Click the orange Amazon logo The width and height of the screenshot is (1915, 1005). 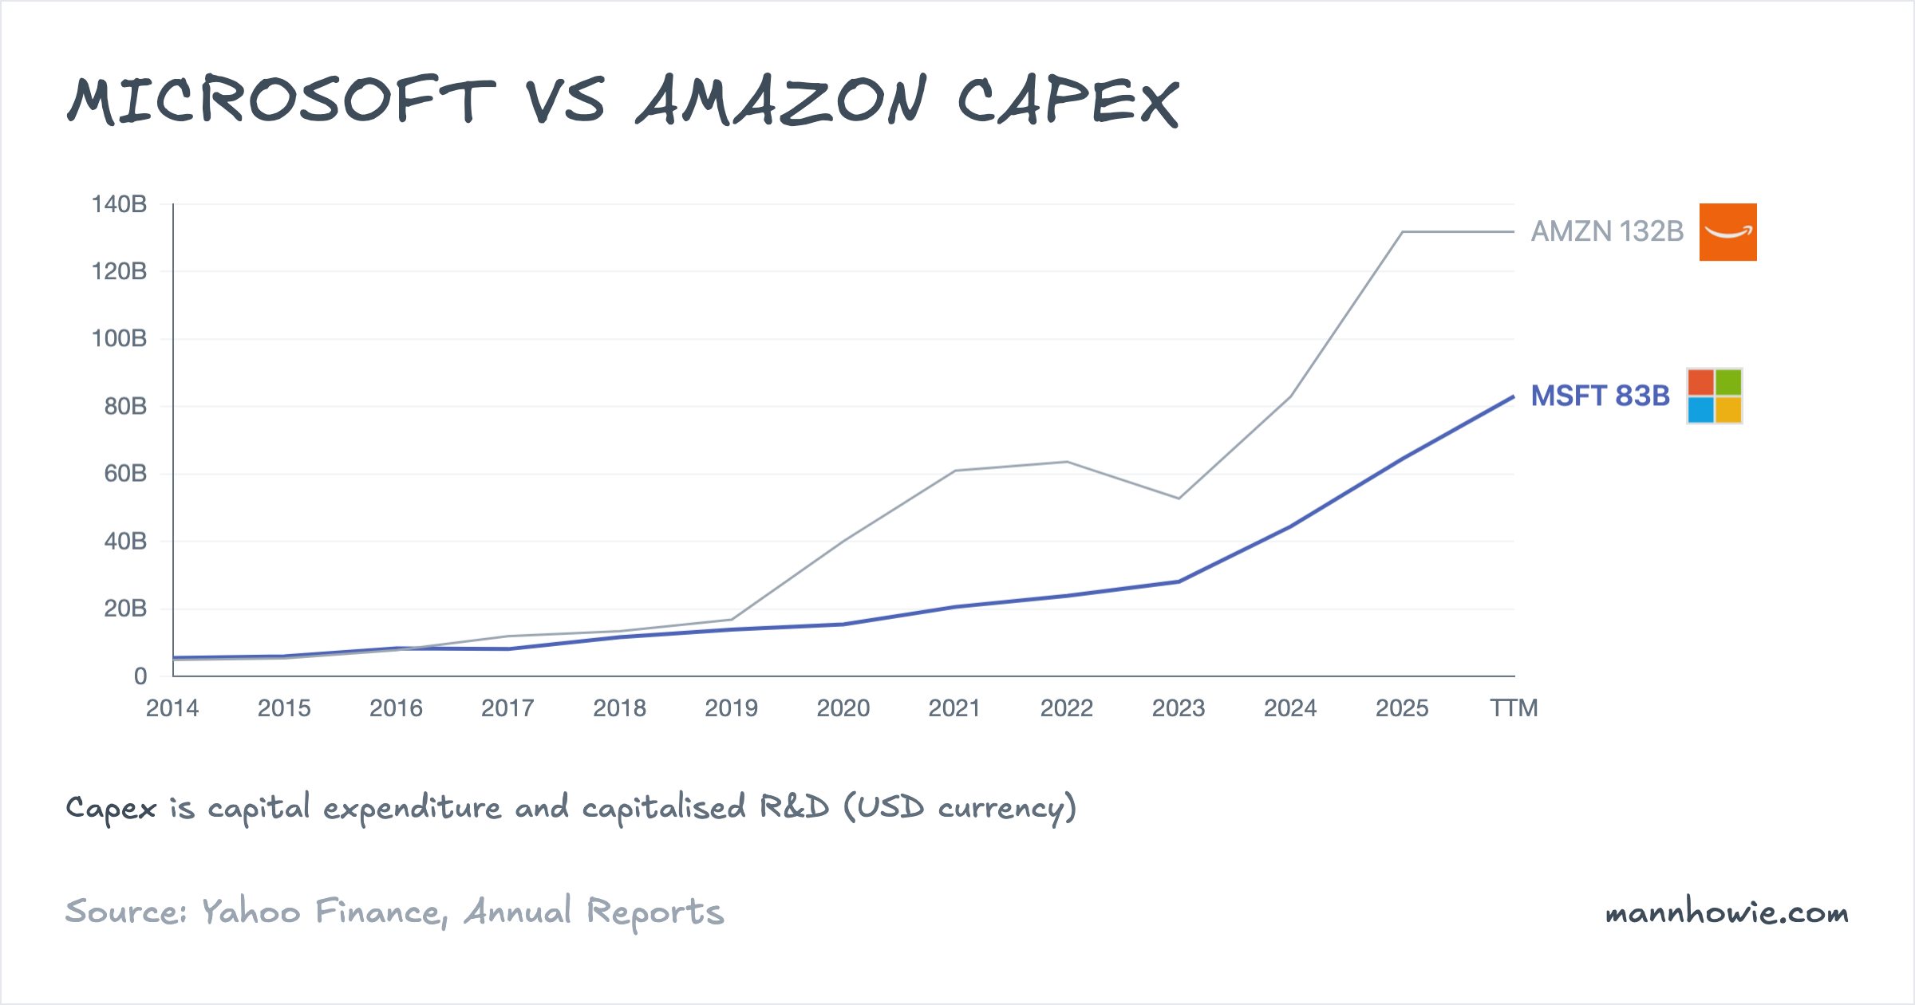[x=1727, y=232]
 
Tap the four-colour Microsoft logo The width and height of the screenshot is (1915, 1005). [x=1714, y=396]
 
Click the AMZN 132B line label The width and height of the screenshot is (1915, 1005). [x=1606, y=231]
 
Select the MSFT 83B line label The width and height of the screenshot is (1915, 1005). [x=1600, y=396]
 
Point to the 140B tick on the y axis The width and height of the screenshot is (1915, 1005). [x=119, y=204]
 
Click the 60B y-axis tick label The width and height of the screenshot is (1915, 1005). [x=125, y=474]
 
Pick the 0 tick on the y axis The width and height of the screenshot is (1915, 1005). [x=140, y=676]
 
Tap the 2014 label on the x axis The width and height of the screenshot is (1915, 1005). [x=172, y=708]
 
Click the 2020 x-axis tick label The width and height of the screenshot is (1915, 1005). [x=843, y=708]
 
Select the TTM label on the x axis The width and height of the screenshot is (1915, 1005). [x=1514, y=708]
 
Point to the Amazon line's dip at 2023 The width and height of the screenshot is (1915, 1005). [x=1179, y=499]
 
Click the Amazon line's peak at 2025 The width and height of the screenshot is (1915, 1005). [x=1402, y=232]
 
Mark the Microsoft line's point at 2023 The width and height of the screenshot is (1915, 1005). [x=1179, y=581]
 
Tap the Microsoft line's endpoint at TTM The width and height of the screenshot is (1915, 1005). [x=1513, y=396]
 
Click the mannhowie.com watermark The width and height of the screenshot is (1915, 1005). [x=1727, y=912]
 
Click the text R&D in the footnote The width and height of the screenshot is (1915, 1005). [x=794, y=807]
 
